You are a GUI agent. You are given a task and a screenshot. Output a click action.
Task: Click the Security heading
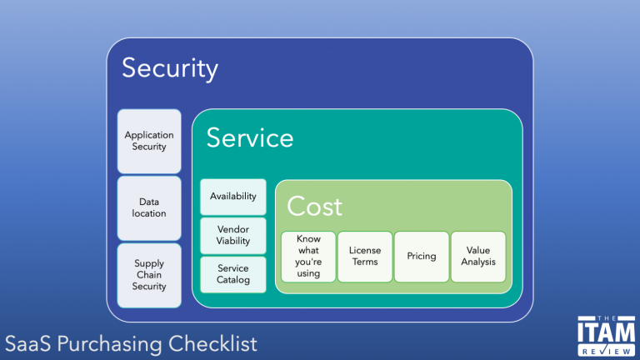170,68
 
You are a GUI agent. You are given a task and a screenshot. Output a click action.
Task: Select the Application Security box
149,141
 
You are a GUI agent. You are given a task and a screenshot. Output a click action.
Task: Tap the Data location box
149,207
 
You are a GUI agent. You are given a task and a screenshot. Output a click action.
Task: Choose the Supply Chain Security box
149,275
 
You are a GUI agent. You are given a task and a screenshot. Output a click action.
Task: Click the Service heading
250,137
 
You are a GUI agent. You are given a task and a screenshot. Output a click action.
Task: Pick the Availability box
233,197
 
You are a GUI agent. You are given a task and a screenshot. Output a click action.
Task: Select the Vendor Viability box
233,235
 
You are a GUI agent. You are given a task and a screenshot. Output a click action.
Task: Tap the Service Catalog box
233,274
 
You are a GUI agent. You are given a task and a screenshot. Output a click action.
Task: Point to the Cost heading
315,206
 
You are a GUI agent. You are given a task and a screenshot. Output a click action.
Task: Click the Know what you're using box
308,256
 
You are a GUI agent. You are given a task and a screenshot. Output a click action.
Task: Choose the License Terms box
364,256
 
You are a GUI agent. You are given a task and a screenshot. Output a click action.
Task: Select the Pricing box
421,256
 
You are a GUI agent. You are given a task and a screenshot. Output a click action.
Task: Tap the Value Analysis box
478,256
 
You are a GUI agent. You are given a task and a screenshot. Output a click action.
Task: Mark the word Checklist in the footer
212,343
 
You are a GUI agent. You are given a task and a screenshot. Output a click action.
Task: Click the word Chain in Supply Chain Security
149,275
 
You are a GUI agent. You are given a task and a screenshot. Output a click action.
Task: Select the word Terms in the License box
364,262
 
